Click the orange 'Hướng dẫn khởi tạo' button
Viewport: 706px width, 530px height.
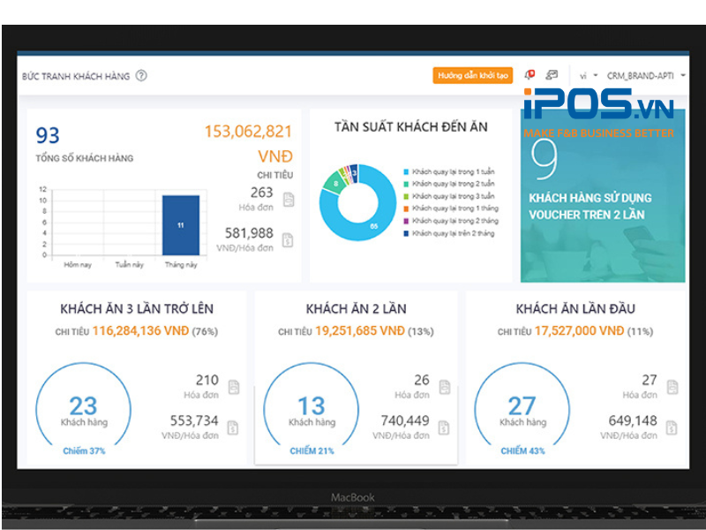coord(473,76)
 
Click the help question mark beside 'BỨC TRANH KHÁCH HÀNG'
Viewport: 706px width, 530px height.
coord(141,76)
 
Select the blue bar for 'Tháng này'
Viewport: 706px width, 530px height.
coord(181,225)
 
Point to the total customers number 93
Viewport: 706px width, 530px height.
coord(48,135)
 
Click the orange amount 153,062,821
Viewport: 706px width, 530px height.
coord(248,132)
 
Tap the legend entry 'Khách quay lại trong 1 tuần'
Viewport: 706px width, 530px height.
coord(449,170)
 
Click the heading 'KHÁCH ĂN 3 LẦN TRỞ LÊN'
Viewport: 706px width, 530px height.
coord(137,309)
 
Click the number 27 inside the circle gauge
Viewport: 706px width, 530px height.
coord(522,405)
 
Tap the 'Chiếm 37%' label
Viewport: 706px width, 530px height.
coord(84,450)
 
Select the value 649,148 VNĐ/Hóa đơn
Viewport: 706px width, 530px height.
coord(633,421)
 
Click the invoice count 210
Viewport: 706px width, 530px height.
coord(207,381)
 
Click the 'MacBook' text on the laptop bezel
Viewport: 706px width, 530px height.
coord(353,497)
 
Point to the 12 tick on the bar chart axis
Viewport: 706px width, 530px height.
coord(42,189)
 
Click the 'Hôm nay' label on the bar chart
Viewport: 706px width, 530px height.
coord(78,263)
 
